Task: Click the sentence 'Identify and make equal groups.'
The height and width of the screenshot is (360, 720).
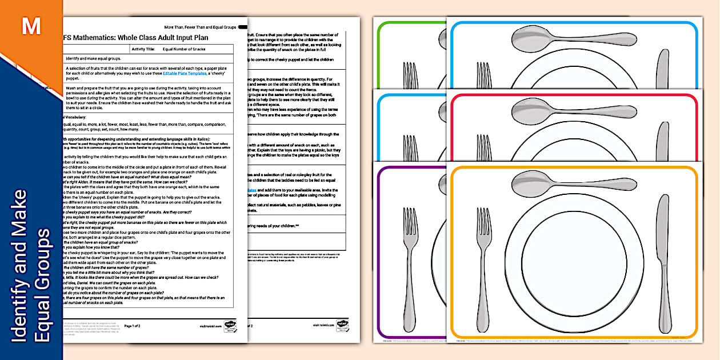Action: coord(94,59)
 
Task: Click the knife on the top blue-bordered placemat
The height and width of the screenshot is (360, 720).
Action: coord(663,71)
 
